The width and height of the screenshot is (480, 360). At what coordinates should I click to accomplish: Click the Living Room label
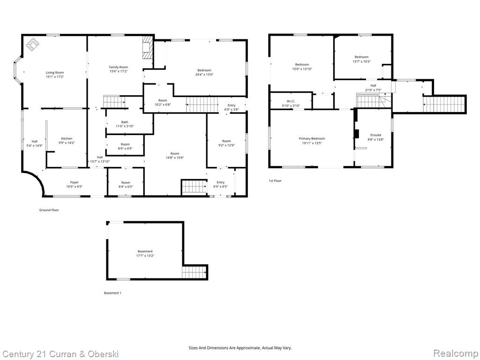[55, 73]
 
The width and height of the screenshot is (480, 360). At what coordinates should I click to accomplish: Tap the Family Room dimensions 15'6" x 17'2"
[119, 71]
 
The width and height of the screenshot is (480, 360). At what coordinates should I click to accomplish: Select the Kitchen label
[67, 138]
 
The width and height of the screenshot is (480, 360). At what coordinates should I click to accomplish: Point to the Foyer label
[75, 182]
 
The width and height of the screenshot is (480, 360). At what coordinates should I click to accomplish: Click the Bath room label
[125, 122]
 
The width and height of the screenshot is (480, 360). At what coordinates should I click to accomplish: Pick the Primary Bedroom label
[312, 139]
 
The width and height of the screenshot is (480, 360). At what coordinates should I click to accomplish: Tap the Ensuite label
[376, 135]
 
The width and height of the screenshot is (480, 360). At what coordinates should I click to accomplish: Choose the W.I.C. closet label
[291, 101]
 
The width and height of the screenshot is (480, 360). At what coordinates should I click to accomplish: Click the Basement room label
[145, 251]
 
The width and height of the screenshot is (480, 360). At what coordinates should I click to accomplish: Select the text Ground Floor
[49, 210]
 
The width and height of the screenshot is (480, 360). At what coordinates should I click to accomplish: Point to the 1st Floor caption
[275, 180]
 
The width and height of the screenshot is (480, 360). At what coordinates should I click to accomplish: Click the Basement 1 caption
[112, 293]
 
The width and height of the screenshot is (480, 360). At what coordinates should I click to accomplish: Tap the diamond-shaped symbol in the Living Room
[33, 45]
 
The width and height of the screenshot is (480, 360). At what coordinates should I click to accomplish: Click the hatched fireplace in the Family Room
[148, 47]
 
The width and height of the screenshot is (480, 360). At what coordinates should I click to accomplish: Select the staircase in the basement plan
[194, 272]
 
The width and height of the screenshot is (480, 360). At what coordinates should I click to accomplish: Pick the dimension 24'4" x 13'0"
[204, 75]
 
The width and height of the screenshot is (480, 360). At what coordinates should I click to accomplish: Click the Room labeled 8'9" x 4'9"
[125, 146]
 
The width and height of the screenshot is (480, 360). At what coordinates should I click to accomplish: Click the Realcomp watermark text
[456, 353]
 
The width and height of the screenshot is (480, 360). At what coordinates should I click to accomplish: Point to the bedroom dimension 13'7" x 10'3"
[361, 61]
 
